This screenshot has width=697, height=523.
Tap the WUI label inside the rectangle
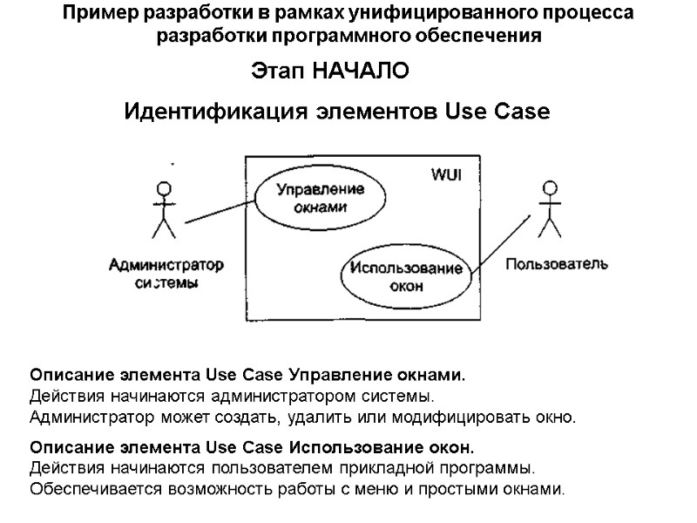pyautogui.click(x=447, y=174)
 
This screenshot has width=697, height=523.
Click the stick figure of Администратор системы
pyautogui.click(x=162, y=209)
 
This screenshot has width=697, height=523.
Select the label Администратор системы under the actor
pyautogui.click(x=167, y=274)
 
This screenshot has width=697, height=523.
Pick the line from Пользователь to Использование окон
pyautogui.click(x=501, y=243)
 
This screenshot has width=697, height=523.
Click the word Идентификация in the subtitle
pyautogui.click(x=206, y=112)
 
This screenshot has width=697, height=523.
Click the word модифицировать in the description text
pyautogui.click(x=477, y=418)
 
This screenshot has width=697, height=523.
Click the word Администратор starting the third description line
pyautogui.click(x=85, y=418)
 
